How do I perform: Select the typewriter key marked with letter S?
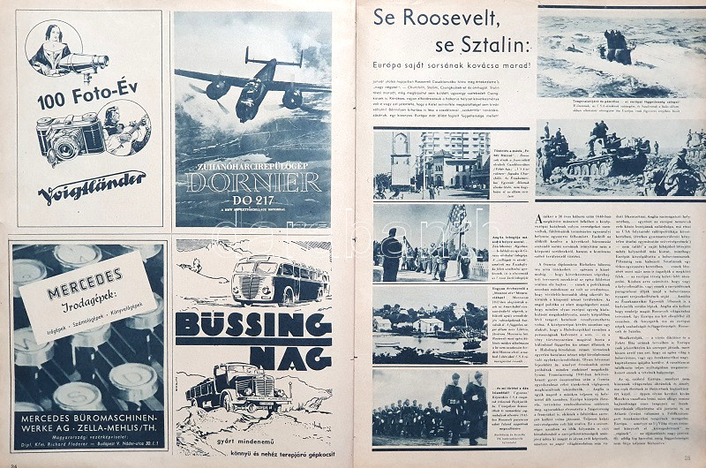[x=78, y=393]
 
